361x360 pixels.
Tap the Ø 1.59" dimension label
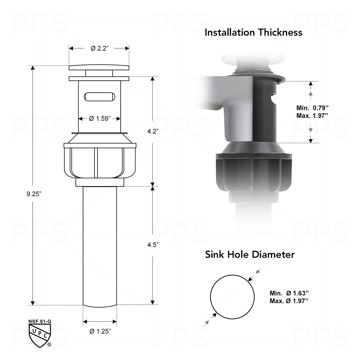(100, 118)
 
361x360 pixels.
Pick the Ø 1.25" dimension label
(100, 331)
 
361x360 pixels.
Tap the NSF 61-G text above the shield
(39, 321)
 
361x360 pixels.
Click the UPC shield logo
(39, 334)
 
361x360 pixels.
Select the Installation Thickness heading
(253, 33)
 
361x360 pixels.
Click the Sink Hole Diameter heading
(250, 255)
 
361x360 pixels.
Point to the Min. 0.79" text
(313, 108)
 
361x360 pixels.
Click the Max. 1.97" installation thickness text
(313, 116)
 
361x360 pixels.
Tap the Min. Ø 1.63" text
(289, 293)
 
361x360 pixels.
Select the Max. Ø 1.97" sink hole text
(289, 300)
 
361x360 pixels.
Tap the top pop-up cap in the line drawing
(99, 68)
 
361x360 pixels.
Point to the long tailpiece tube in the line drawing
(100, 246)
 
